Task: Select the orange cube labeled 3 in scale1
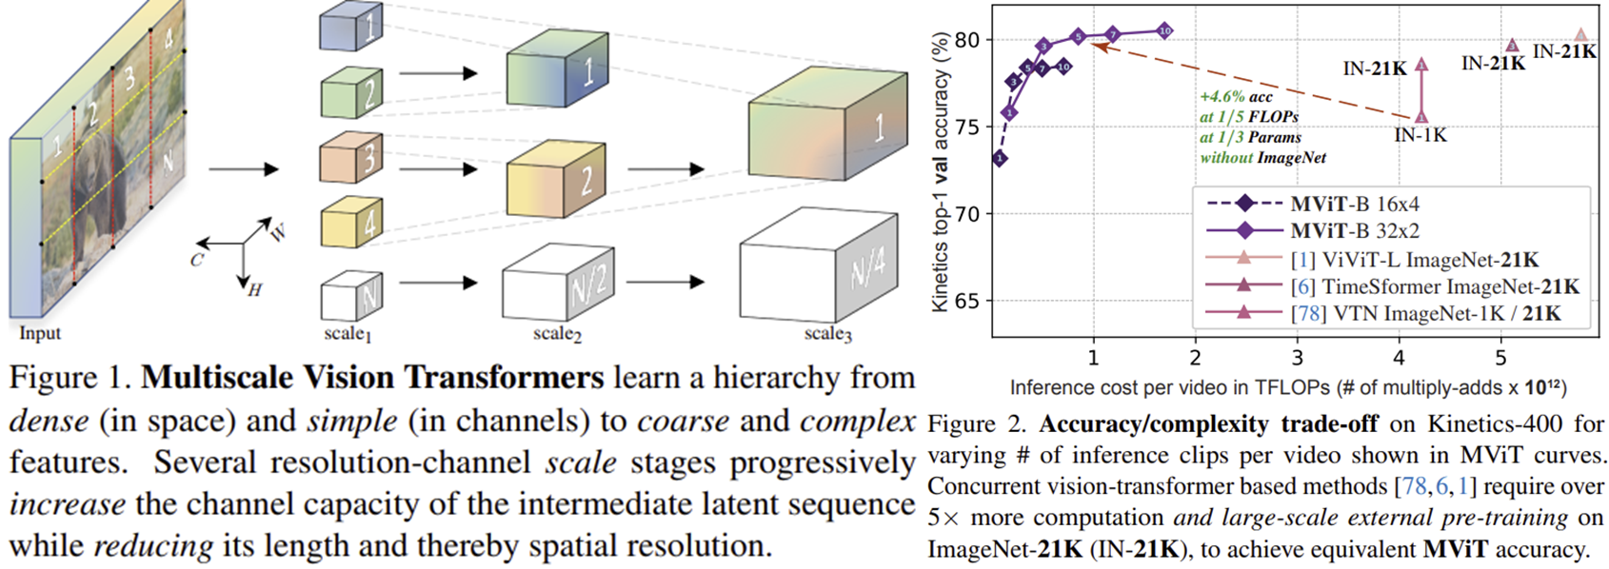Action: (x=350, y=158)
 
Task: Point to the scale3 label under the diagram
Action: (x=827, y=334)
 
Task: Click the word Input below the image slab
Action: (x=40, y=333)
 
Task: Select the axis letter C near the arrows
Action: (x=196, y=259)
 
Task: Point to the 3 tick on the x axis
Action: (x=1297, y=358)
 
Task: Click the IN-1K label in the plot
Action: (x=1420, y=136)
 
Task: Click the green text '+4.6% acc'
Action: (x=1236, y=96)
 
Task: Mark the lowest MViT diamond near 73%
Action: (x=1000, y=158)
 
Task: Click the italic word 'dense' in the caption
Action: (x=50, y=420)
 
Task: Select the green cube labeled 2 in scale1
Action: (x=350, y=92)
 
